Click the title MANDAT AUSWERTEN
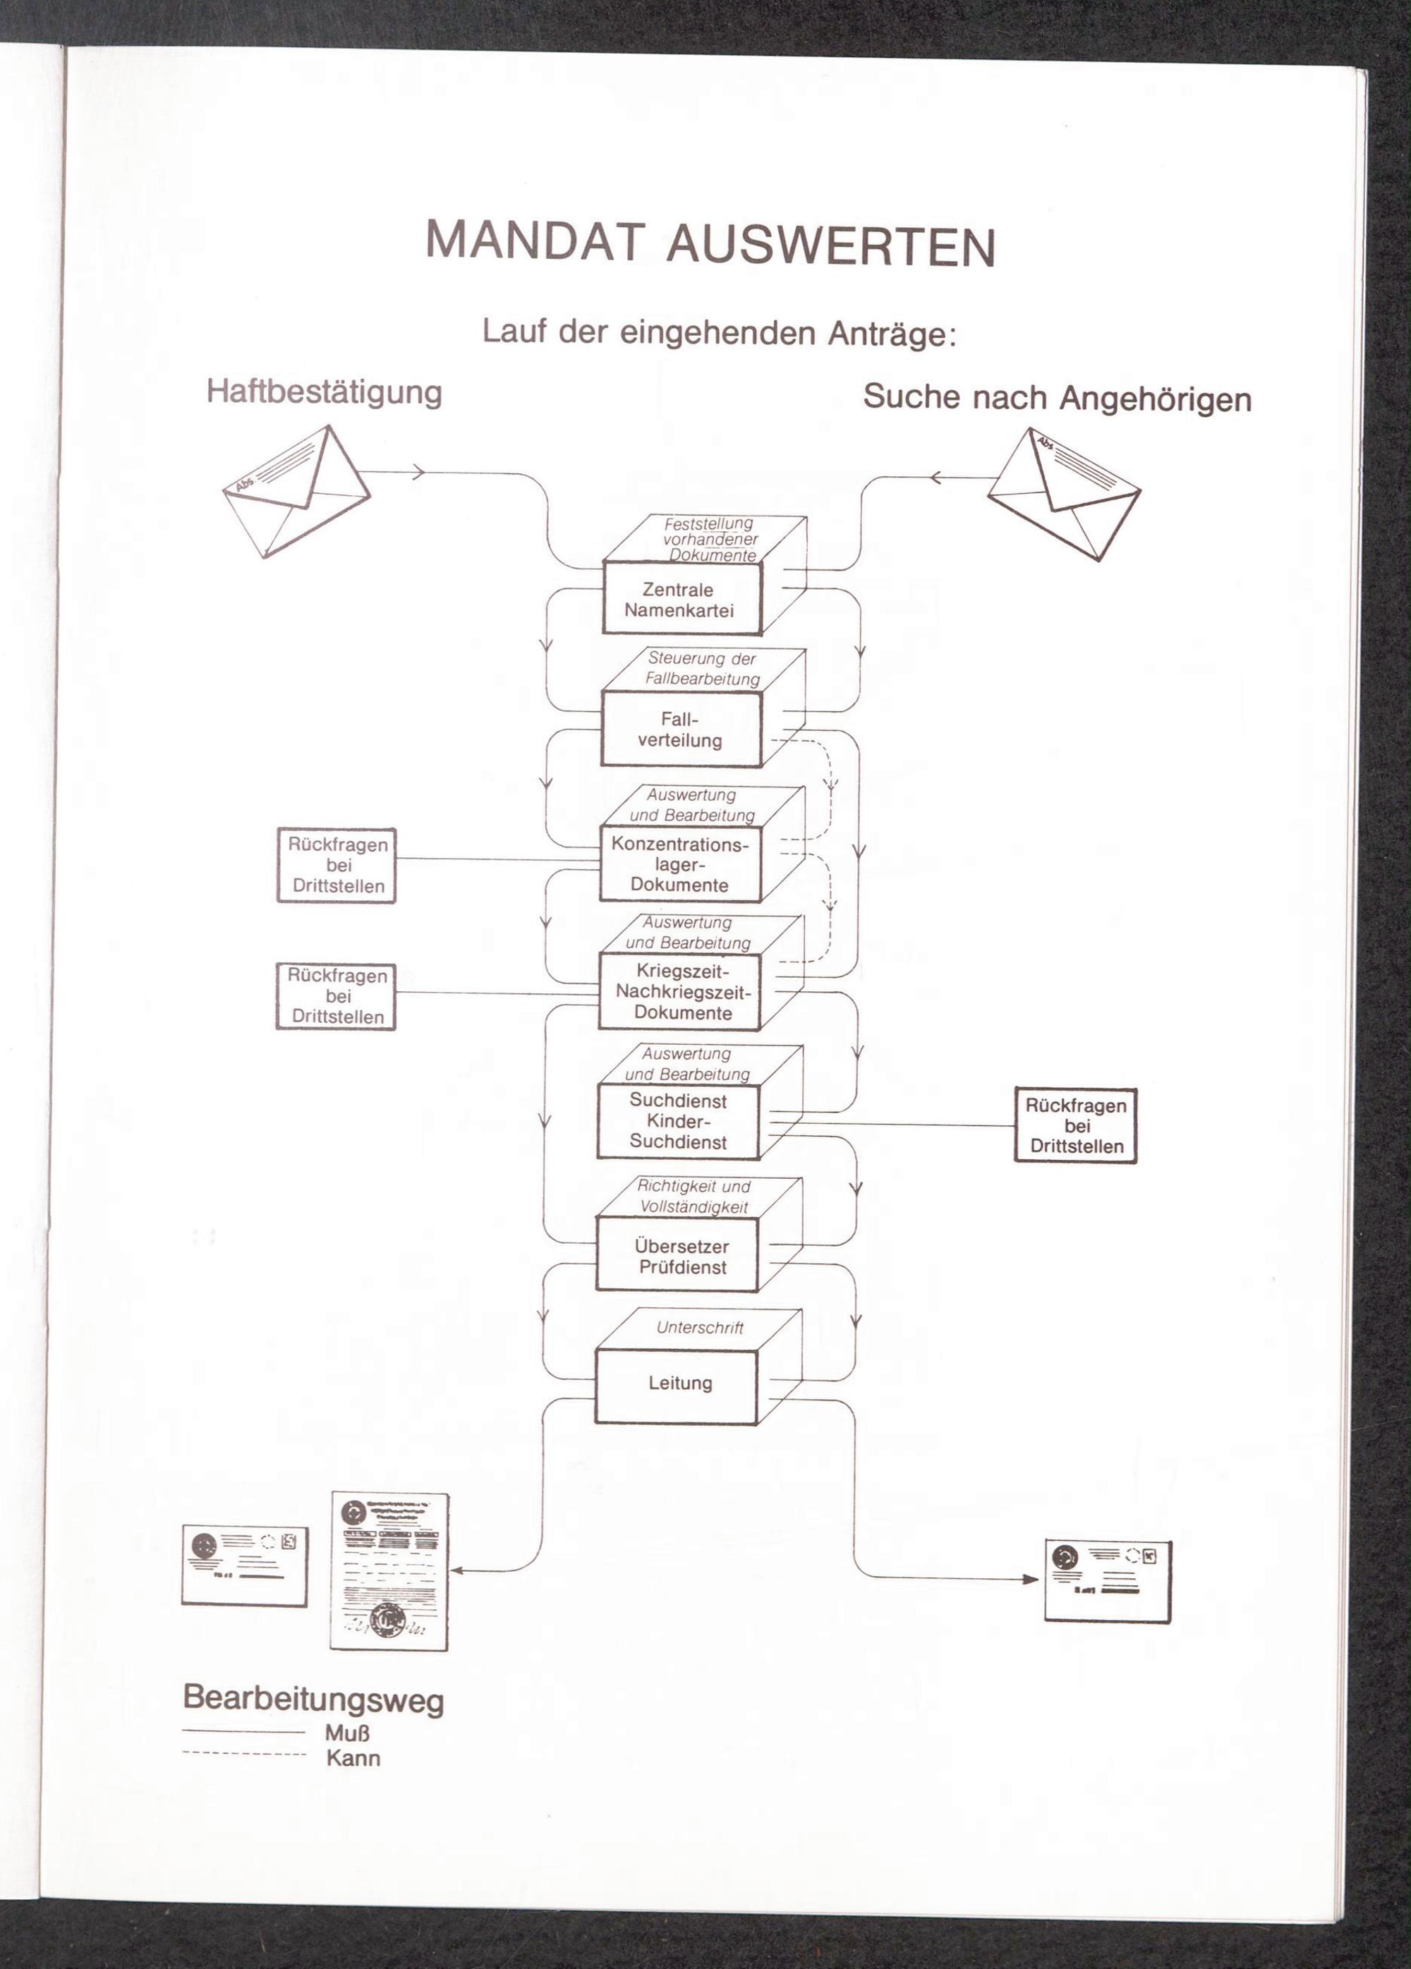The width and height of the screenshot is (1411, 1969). coord(710,244)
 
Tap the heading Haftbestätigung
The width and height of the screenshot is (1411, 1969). coord(324,392)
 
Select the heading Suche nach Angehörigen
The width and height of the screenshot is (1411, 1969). coord(1057,398)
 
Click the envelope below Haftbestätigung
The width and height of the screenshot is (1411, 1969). coord(296,493)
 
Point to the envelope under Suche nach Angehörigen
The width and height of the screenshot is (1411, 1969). coord(1064,495)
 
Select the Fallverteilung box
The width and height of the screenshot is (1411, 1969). coord(680,729)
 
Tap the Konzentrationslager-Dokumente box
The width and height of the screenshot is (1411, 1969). coord(680,864)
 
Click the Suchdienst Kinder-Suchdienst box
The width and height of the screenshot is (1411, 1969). coord(678,1121)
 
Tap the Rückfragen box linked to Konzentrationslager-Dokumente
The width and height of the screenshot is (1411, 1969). coord(337,866)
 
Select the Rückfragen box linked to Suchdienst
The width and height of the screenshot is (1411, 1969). coord(1075,1126)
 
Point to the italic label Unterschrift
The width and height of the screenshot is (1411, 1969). coord(700,1328)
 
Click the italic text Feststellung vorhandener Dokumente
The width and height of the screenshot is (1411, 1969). coord(710,539)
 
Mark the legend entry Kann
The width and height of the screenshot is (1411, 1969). coord(353,1759)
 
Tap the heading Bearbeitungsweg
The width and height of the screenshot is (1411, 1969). coord(313,1698)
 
